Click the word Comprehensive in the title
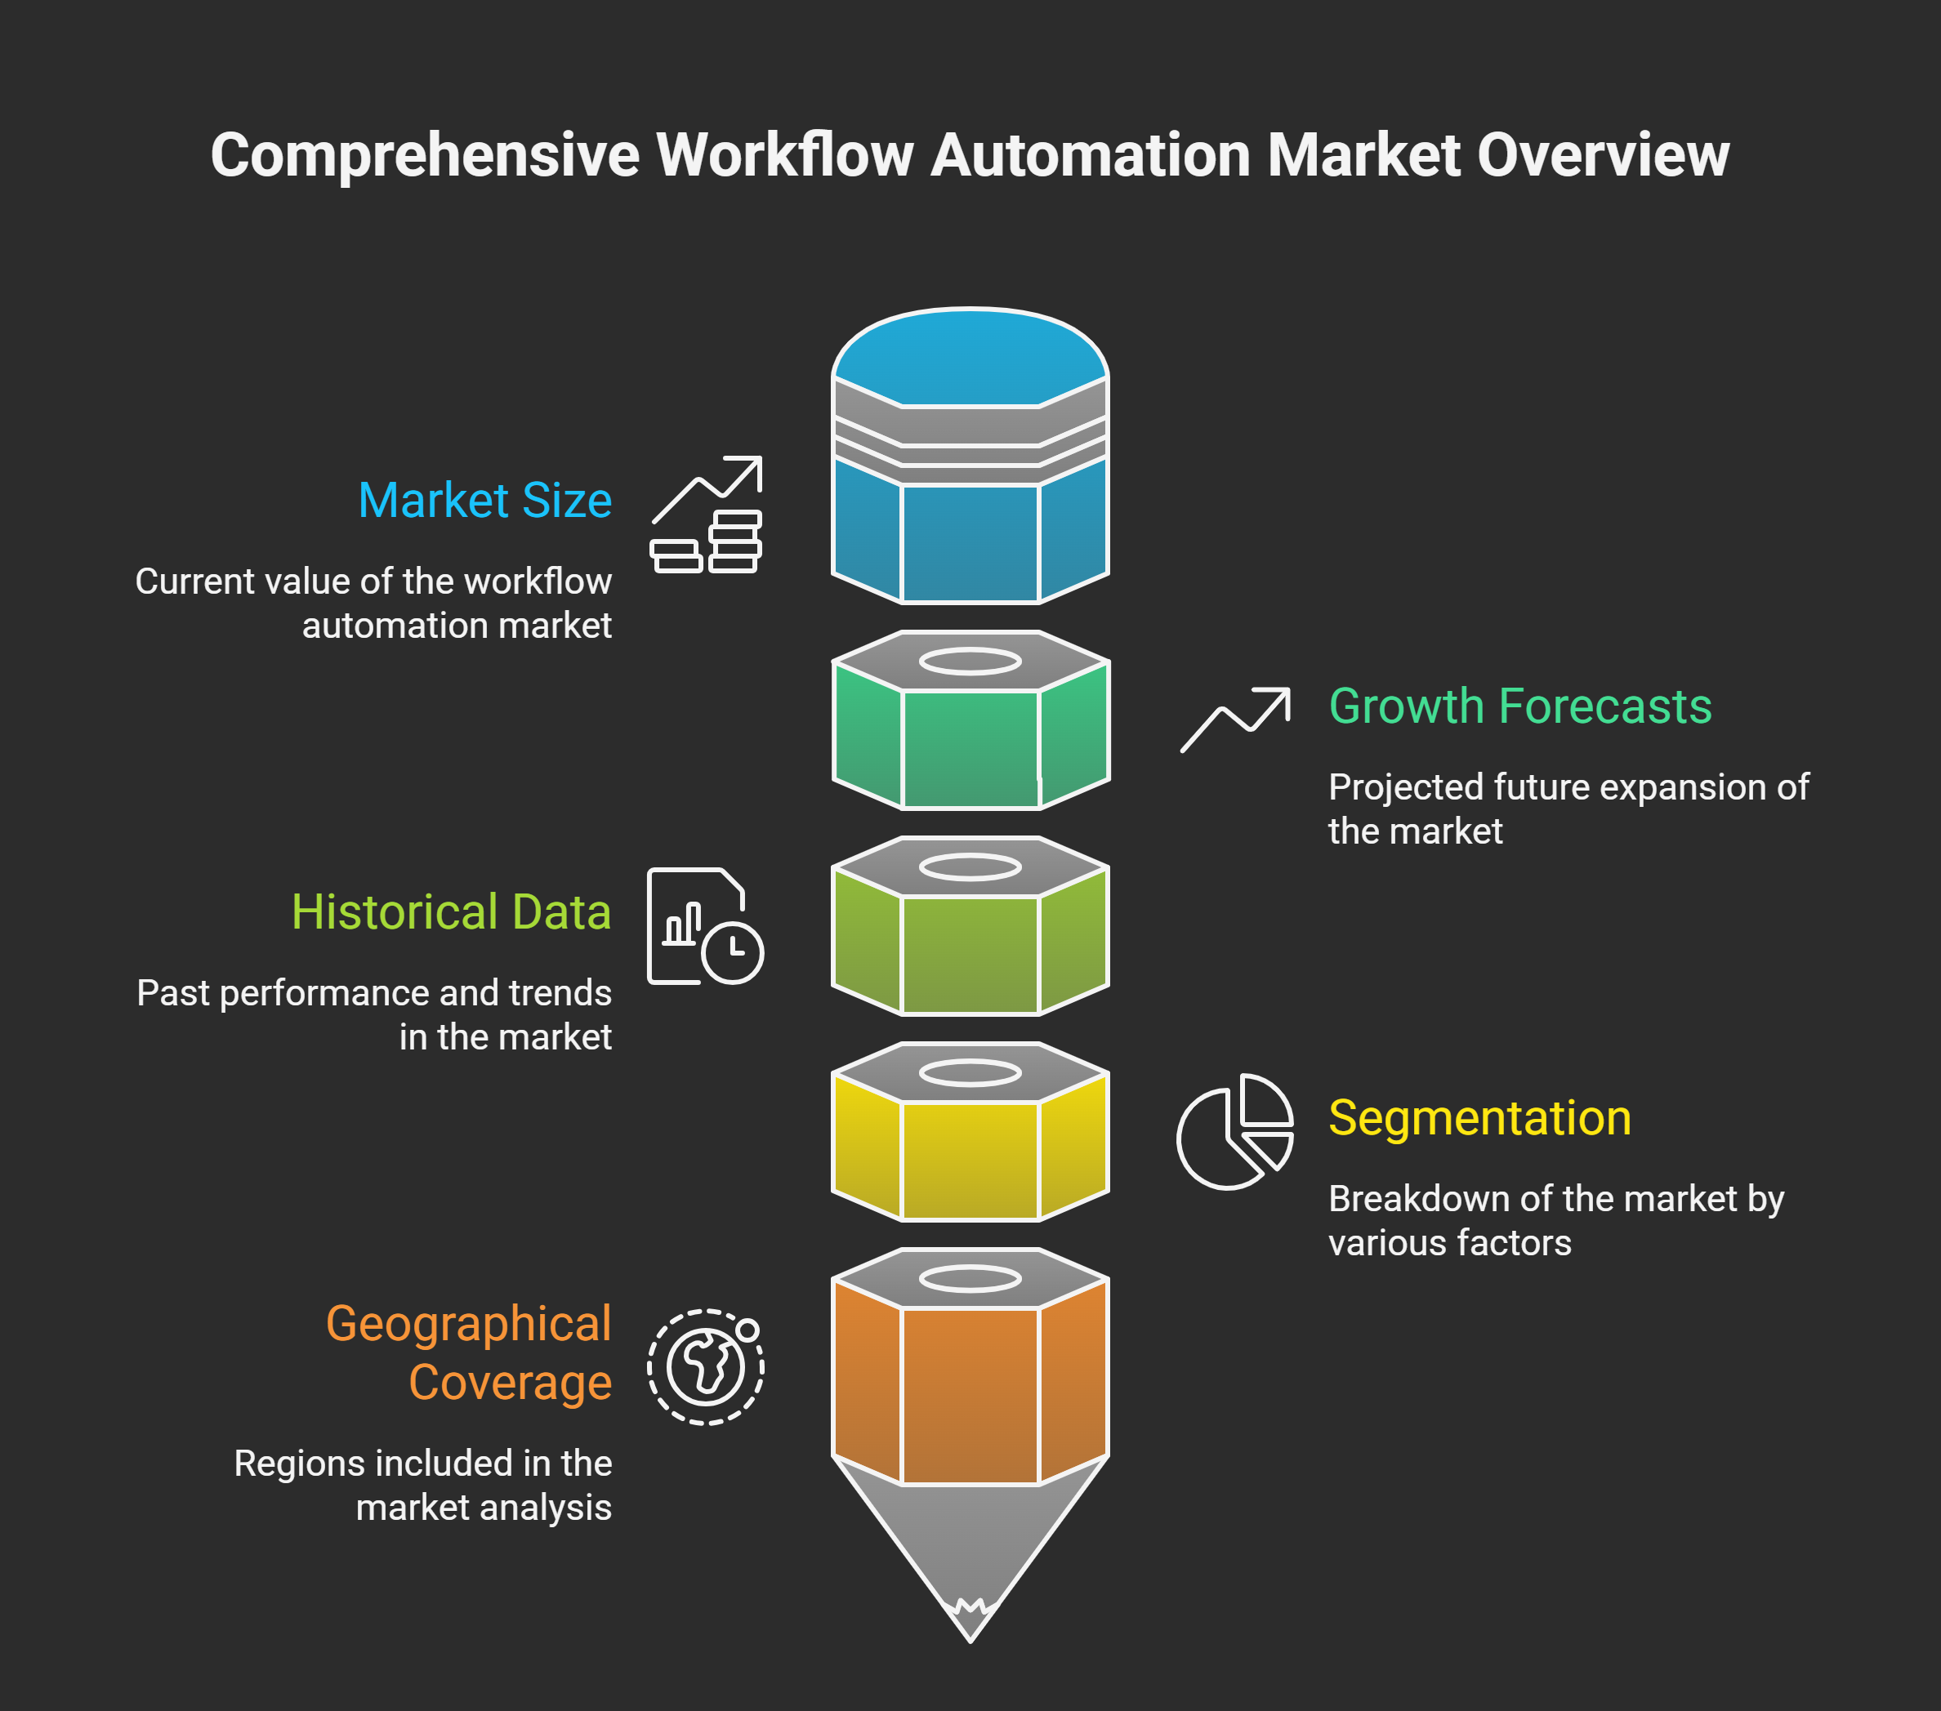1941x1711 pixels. point(425,155)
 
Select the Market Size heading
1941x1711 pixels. point(484,501)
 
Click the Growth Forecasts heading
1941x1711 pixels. point(1519,706)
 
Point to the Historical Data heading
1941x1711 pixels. point(451,912)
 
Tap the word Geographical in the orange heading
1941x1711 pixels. point(468,1324)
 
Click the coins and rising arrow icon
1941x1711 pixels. point(707,515)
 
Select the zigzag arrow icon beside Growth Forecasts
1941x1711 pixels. point(1234,720)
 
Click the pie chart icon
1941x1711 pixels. point(1234,1132)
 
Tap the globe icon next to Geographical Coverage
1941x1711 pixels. point(706,1367)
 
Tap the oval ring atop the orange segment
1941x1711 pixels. point(970,1279)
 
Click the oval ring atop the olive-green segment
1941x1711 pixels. point(970,867)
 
